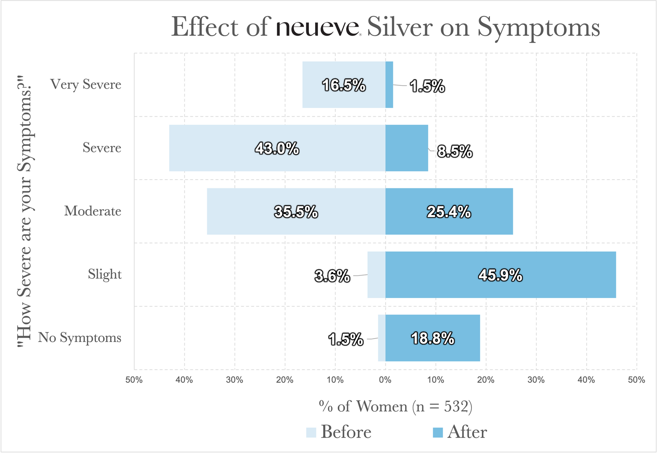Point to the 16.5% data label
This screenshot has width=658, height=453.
tap(344, 86)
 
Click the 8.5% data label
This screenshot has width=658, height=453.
tap(455, 151)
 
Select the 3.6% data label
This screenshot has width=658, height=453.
tap(332, 276)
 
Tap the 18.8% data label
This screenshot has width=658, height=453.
tap(433, 339)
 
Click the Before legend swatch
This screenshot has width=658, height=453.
tap(311, 433)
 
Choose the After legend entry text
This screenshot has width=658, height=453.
tap(467, 432)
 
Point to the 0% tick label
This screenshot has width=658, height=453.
tap(385, 380)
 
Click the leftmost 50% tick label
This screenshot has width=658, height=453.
tap(134, 380)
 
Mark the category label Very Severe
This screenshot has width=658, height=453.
tap(86, 84)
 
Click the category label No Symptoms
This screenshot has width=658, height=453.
tap(80, 337)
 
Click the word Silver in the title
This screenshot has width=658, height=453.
tap(400, 27)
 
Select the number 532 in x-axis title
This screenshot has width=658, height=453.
tap(456, 406)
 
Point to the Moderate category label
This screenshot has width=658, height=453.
tap(92, 211)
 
